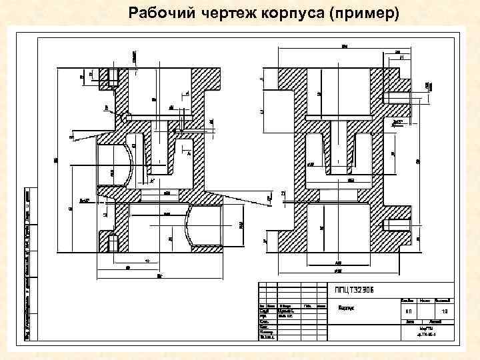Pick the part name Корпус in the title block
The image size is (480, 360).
[x=346, y=309]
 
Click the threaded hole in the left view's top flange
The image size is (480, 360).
[x=112, y=77]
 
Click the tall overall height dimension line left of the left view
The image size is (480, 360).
[x=59, y=160]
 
